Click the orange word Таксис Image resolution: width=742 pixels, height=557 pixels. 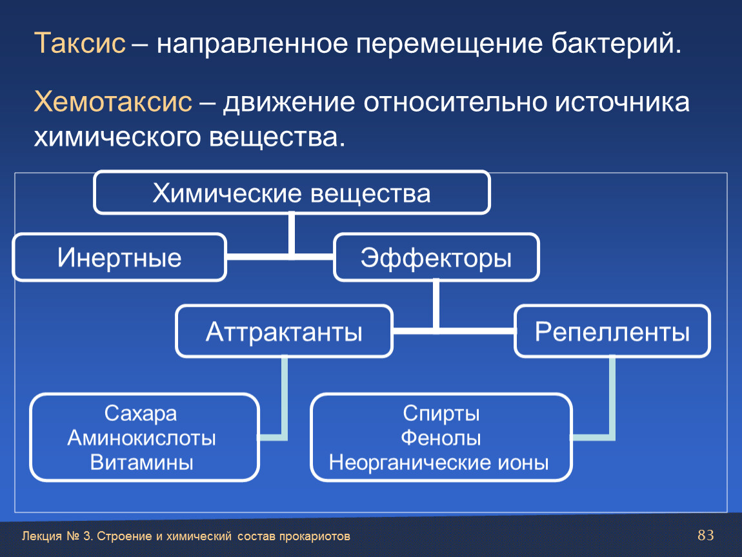(x=80, y=43)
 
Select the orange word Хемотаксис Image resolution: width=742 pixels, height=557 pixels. (x=113, y=101)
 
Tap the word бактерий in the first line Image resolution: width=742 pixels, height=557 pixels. (x=616, y=44)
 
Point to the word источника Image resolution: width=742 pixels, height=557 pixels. (x=622, y=102)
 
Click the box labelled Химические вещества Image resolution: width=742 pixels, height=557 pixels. (x=292, y=193)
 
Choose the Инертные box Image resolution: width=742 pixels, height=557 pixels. (x=119, y=257)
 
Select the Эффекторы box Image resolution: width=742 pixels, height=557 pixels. (x=436, y=257)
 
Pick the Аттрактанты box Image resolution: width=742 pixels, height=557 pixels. (x=284, y=331)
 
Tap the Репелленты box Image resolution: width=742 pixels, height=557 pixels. (x=612, y=331)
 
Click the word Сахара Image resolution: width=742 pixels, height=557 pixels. (x=141, y=413)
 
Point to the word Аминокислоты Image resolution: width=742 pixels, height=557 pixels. (x=141, y=438)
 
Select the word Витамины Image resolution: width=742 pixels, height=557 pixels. (x=141, y=462)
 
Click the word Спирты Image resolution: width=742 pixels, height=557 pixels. (x=441, y=414)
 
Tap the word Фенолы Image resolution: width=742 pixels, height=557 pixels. (x=441, y=438)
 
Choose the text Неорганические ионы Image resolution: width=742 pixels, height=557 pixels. (x=439, y=462)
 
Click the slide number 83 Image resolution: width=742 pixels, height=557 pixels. (x=706, y=535)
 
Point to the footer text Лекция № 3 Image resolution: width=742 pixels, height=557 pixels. (x=57, y=536)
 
